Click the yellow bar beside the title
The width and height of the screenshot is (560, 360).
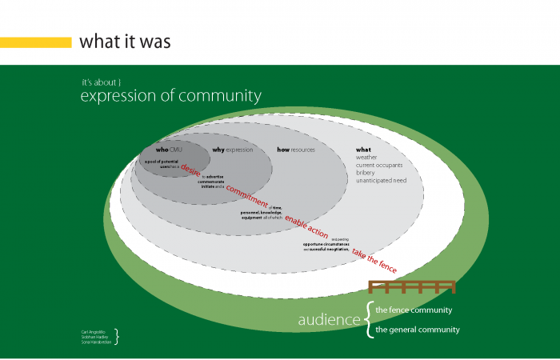[x=36, y=42]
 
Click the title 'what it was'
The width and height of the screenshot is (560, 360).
[x=125, y=42]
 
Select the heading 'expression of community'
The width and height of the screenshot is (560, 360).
[x=170, y=97]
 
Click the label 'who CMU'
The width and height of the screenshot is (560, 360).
[x=169, y=150]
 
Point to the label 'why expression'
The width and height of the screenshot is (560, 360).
[x=232, y=150]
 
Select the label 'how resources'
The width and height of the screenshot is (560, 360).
[x=296, y=150]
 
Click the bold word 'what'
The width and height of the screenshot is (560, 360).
[x=363, y=150]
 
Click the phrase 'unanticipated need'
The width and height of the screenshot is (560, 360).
[x=382, y=181]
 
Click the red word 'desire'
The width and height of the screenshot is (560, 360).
[x=190, y=171]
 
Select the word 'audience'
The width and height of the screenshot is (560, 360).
[x=329, y=320]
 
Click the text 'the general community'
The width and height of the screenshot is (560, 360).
[x=418, y=330]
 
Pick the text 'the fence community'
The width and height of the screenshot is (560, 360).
[x=414, y=310]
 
